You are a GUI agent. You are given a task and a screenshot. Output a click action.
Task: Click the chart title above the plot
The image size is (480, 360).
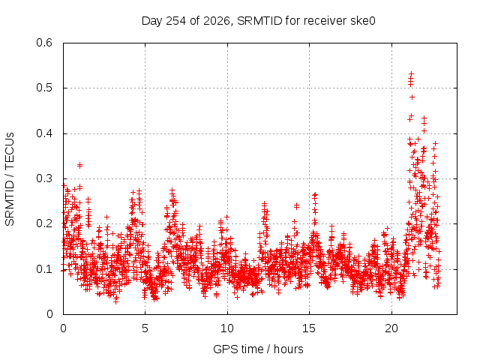point(258,21)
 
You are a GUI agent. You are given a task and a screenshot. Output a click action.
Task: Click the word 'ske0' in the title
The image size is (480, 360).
point(364,21)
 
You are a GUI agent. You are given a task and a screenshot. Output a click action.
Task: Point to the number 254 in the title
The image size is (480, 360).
point(175,21)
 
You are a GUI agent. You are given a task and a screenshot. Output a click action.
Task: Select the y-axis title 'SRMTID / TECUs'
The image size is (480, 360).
point(10,179)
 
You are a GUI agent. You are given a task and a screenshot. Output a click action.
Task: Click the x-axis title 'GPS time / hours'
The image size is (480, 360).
point(258,349)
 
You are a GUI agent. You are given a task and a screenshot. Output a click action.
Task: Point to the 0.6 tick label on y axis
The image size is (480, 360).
point(44,43)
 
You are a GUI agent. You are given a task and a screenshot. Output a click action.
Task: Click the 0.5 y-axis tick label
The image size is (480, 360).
point(44,88)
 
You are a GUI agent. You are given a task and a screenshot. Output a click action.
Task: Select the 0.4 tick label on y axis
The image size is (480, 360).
point(44,133)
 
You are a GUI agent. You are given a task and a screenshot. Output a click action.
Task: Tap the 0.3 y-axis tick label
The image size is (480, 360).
point(44,178)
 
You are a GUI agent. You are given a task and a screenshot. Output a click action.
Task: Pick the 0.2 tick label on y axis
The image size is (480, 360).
point(44,223)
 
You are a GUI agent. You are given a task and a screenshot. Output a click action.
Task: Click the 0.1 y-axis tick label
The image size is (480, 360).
point(44,269)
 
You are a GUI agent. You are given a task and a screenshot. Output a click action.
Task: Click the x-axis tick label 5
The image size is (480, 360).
point(145,328)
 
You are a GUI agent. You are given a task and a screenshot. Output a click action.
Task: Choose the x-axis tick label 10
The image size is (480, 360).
point(227,328)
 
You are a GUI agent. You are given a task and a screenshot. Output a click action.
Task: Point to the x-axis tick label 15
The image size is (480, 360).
point(309,328)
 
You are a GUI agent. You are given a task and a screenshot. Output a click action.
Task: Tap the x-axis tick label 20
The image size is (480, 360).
point(391,328)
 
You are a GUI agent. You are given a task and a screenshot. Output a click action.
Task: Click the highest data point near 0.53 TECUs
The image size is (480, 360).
point(412,73)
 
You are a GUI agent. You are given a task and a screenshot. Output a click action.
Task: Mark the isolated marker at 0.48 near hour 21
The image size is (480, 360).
point(412,97)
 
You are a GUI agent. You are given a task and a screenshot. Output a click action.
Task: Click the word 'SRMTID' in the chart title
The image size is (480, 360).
point(259,21)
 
